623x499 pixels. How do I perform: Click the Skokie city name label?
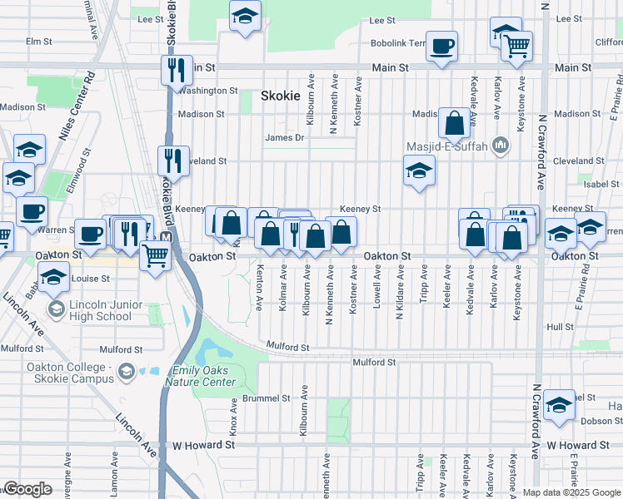(x=280, y=96)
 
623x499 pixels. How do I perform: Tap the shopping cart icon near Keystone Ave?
(x=517, y=47)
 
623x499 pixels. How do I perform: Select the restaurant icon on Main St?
(x=177, y=69)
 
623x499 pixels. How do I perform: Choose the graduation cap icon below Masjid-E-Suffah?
(x=419, y=171)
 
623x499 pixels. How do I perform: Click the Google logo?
(x=27, y=489)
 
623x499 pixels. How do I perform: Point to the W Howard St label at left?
(x=199, y=447)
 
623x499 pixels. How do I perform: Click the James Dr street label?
(x=281, y=138)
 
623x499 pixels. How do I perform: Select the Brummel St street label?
(x=267, y=398)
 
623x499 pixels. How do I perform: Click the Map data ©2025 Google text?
(x=571, y=492)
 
